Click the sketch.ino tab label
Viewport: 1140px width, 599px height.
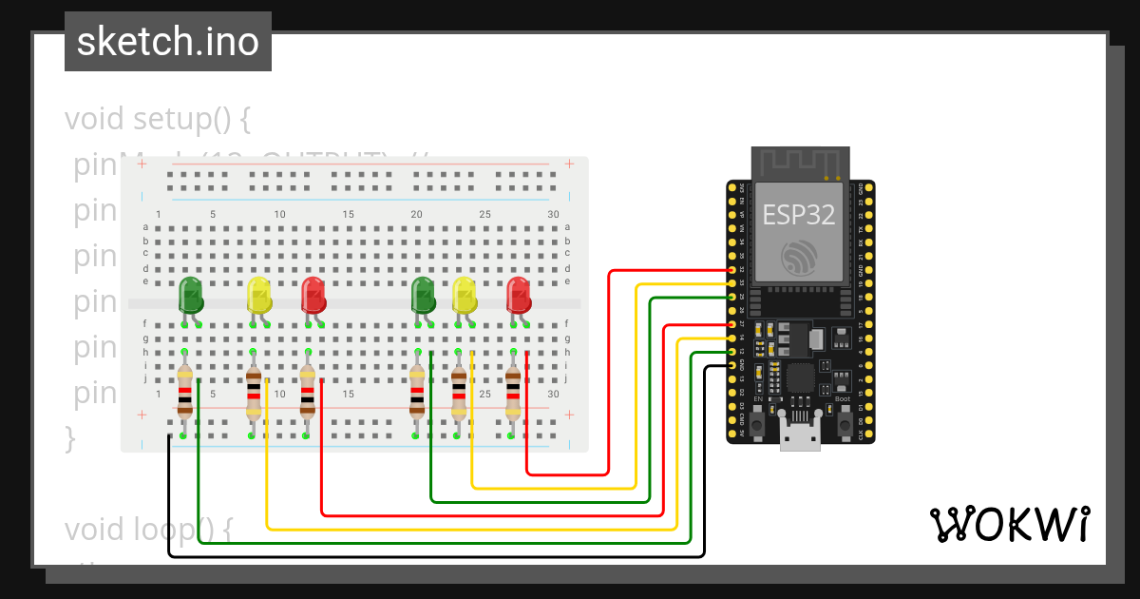click(x=168, y=42)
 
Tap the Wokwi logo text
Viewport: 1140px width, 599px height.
click(x=1008, y=524)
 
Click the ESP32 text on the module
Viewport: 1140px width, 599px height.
click(x=798, y=215)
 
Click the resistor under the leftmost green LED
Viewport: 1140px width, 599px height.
click(x=184, y=392)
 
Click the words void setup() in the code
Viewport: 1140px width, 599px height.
click(x=157, y=120)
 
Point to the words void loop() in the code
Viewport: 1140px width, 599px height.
click(x=148, y=529)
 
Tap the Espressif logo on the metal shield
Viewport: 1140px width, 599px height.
click(x=798, y=258)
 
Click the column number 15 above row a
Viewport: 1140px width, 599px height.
click(x=348, y=215)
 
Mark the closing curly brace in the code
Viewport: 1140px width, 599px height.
click(x=69, y=438)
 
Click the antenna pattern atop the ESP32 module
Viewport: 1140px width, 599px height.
click(x=798, y=163)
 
